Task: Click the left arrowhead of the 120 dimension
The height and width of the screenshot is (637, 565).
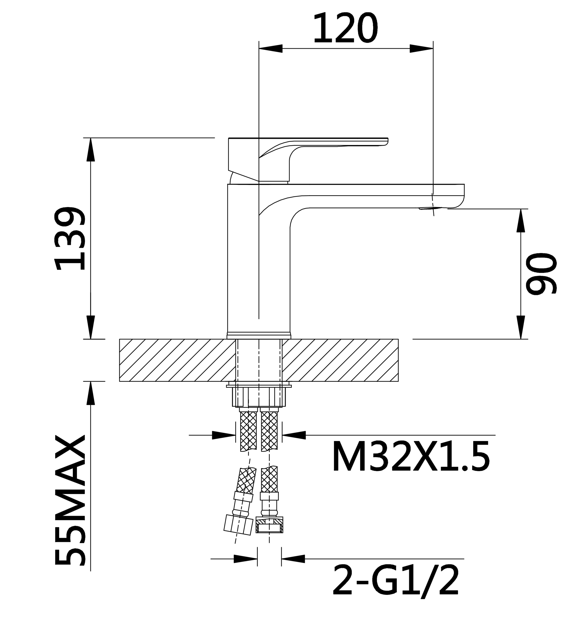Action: tap(271, 49)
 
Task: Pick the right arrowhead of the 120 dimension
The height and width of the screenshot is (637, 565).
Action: tap(421, 49)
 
